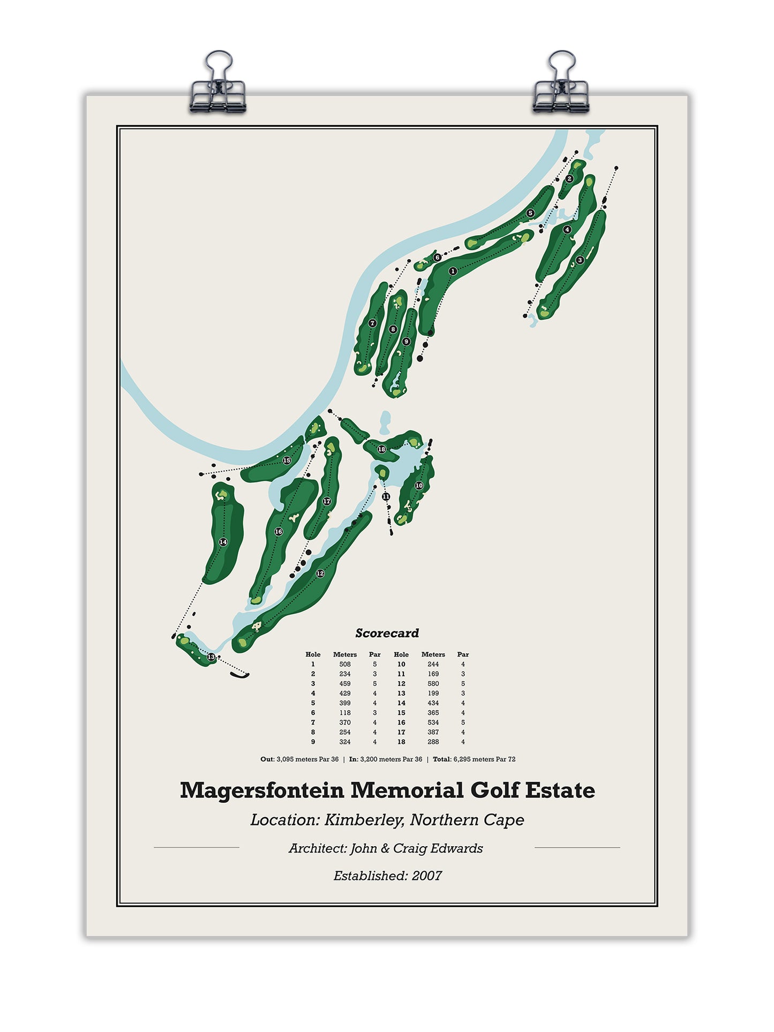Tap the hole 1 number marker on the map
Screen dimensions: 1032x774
[x=453, y=272]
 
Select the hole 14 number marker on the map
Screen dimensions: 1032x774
[x=223, y=542]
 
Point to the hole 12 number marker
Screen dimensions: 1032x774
[x=320, y=574]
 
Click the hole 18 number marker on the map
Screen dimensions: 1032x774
[x=381, y=449]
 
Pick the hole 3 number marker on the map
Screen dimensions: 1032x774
[x=580, y=260]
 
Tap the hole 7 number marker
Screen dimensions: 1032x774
[x=372, y=323]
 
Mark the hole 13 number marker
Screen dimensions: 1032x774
[x=211, y=657]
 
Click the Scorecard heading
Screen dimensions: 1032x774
[x=387, y=633]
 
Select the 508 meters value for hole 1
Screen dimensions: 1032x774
[x=344, y=664]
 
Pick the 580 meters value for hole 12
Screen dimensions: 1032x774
[x=433, y=684]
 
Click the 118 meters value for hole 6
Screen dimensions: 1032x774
[x=344, y=713]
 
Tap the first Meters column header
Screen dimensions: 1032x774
[x=344, y=654]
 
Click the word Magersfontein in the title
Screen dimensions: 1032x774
[x=261, y=790]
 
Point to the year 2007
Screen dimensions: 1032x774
[x=427, y=876]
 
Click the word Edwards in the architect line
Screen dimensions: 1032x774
[x=460, y=848]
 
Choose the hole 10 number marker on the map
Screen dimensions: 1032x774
[x=419, y=486]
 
